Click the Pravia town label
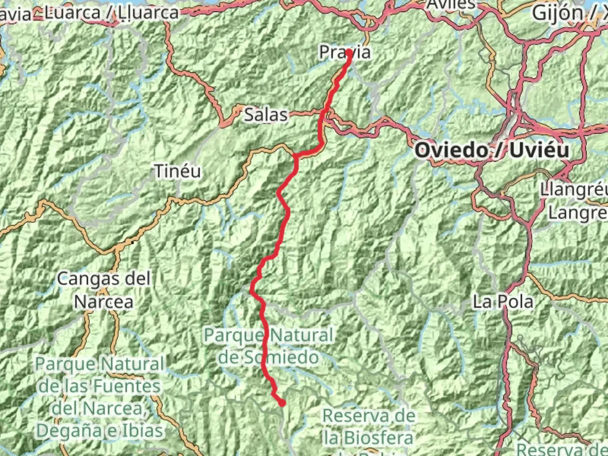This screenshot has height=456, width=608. (345, 52)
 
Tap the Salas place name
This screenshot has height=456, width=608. (266, 114)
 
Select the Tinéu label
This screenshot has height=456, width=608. (177, 171)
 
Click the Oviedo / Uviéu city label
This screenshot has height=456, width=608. (492, 150)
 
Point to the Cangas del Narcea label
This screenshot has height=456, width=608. (104, 290)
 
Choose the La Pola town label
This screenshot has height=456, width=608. (503, 301)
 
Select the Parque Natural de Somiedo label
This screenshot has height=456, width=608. (269, 346)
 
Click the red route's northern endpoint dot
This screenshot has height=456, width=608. (349, 53)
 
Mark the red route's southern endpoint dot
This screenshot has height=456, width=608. (282, 403)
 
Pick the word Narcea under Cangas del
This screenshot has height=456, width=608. (104, 301)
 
